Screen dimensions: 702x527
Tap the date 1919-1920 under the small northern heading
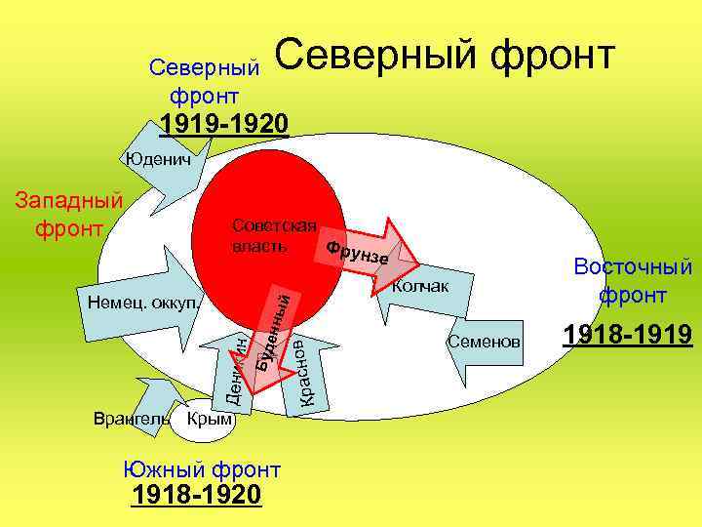224,124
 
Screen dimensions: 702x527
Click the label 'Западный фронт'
68,215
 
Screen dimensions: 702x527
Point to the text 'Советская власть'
273,235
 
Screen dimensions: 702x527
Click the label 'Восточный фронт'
633,280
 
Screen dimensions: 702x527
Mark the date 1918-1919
628,336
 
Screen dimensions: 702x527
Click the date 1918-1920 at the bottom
197,495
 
